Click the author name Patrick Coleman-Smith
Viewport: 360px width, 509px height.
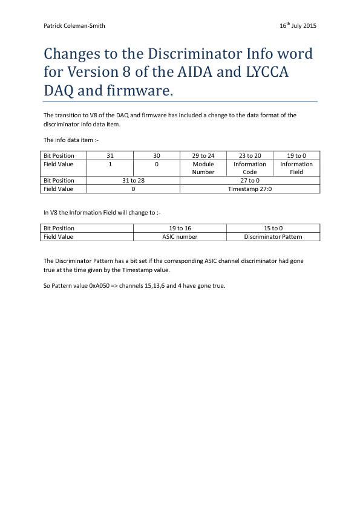tap(75, 26)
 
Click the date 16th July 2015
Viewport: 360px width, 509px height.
tap(298, 26)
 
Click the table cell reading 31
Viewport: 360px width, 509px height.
tap(110, 155)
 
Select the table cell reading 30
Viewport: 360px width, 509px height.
tap(157, 155)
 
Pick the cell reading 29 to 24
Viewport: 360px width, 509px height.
tap(203, 155)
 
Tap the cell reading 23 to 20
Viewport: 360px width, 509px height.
tap(250, 155)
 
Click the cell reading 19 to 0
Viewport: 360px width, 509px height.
tap(296, 155)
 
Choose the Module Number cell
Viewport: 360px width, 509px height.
tap(203, 167)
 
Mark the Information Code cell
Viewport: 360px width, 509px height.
tap(250, 167)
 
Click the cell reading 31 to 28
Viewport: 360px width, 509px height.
tap(134, 180)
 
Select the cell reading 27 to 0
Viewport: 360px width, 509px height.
tap(250, 180)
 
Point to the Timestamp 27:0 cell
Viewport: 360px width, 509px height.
tap(250, 189)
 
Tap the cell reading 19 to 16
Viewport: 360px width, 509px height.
tap(180, 228)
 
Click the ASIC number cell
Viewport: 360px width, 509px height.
tap(180, 236)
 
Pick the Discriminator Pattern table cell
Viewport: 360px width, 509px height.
tap(273, 236)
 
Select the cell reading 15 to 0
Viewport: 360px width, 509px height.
tap(273, 228)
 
